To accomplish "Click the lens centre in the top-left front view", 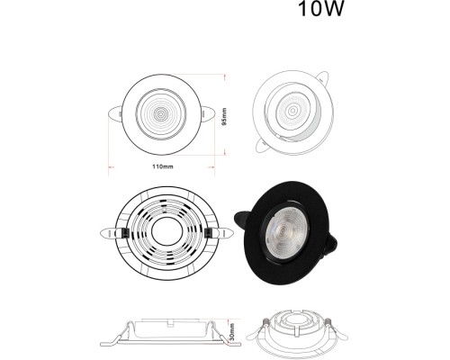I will click(161, 114).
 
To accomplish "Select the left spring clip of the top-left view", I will click(114, 115).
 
